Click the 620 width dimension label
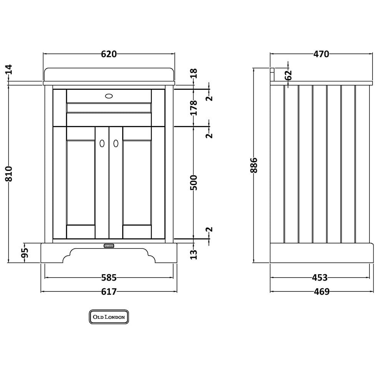[109, 54]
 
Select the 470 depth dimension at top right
[321, 54]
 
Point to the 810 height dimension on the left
[8, 174]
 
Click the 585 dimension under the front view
[109, 278]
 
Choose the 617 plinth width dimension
[109, 292]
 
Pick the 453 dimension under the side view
[320, 278]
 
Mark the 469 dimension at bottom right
[322, 292]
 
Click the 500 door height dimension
[194, 182]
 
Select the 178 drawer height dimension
[194, 108]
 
